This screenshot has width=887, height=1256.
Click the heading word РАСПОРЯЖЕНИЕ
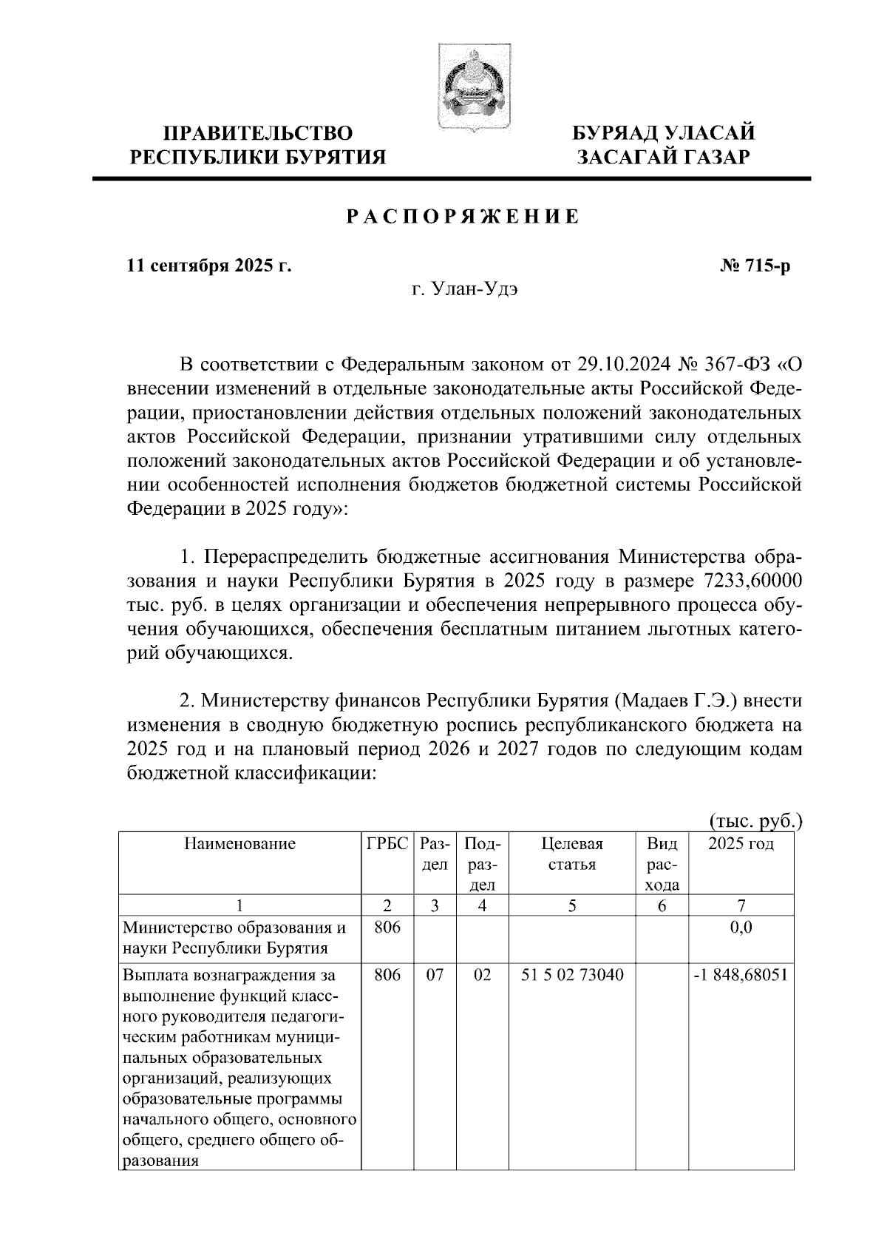(463, 217)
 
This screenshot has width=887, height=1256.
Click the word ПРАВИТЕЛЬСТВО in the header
(258, 134)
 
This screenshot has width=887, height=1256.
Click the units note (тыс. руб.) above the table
(755, 821)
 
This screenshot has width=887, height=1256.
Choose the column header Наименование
(239, 844)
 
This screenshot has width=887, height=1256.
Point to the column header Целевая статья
(572, 854)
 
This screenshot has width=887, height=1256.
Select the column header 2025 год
(741, 844)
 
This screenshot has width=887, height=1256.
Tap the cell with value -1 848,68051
(741, 975)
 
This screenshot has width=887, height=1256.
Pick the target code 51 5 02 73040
(572, 975)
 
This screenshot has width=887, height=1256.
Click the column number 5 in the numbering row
(572, 905)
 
